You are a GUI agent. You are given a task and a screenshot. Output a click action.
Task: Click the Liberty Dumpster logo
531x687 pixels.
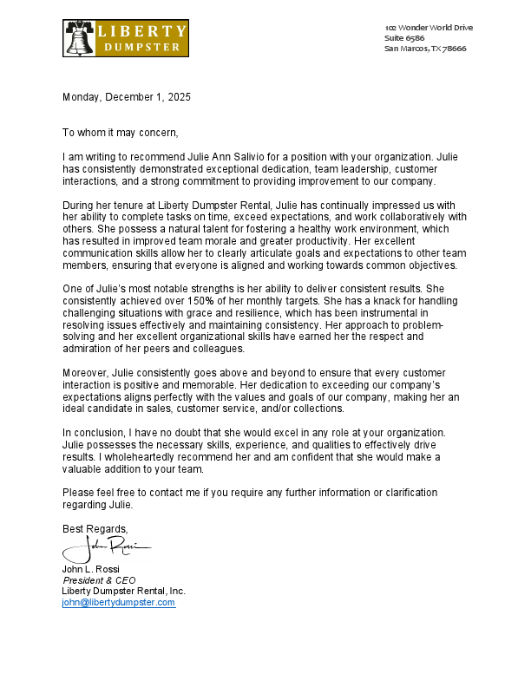point(126,39)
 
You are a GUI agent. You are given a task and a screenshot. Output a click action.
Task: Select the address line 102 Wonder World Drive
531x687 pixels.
point(429,28)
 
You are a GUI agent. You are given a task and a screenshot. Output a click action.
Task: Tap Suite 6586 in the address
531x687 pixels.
point(404,38)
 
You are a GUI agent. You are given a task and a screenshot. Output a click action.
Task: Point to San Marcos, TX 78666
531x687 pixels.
point(425,49)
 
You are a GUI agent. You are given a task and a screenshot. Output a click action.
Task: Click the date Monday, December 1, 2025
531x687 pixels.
point(126,97)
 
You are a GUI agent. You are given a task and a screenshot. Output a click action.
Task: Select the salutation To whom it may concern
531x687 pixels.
point(120,133)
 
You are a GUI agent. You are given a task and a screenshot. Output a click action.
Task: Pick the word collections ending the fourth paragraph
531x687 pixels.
point(319,408)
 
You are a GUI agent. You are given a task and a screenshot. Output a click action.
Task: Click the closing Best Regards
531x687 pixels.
point(95,528)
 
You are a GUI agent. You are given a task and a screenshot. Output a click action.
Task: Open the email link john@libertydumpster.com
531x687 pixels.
point(118,602)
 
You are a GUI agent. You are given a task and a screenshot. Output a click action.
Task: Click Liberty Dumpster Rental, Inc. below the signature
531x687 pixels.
point(123,591)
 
